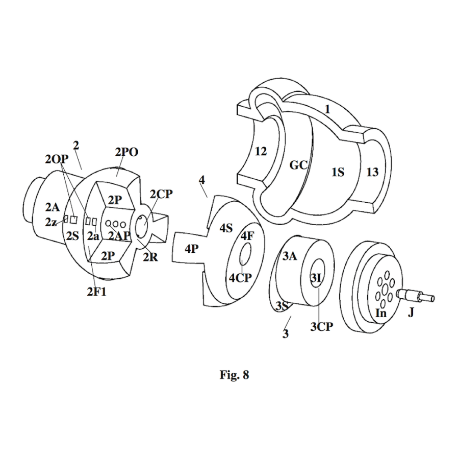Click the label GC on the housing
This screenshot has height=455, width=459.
(x=299, y=166)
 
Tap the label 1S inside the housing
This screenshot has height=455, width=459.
(x=338, y=172)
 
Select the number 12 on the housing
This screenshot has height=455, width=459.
(x=261, y=151)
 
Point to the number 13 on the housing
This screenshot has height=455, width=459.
(x=372, y=172)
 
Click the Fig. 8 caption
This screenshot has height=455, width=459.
(x=234, y=375)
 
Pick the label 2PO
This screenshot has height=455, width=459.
(x=126, y=152)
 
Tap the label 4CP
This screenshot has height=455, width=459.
(x=239, y=278)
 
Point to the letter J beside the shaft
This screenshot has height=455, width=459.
(x=411, y=313)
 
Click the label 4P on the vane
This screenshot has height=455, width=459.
(x=191, y=250)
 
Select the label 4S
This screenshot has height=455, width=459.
(x=226, y=228)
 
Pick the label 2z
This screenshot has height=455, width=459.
(x=50, y=222)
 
